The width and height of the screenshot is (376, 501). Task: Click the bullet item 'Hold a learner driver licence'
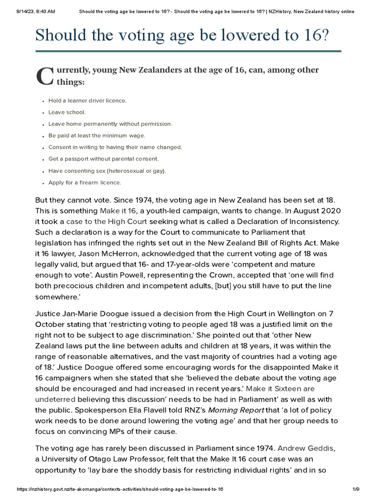coord(87,100)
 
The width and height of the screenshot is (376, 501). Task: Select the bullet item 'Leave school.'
coord(67,112)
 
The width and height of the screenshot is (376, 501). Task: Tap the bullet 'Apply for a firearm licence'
coord(84,182)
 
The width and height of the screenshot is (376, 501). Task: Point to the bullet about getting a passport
coord(103,159)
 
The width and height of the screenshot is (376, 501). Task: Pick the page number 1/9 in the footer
coord(356,489)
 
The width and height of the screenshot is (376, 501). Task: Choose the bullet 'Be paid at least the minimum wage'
coord(96,136)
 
